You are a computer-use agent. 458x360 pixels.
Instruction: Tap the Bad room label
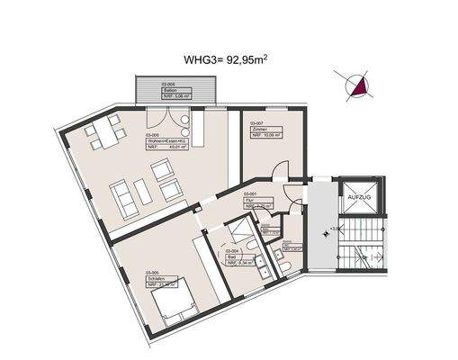(231, 257)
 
